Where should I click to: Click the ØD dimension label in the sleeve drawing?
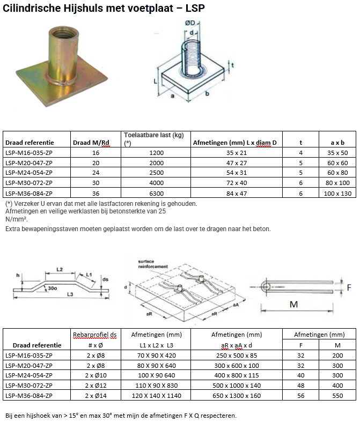(190, 23)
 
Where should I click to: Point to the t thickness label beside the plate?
(232, 65)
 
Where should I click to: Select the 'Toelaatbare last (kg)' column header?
(154, 135)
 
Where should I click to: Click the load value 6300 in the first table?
(157, 194)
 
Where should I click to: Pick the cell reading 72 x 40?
(237, 183)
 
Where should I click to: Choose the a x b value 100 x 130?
(337, 194)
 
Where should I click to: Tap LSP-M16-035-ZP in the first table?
(29, 153)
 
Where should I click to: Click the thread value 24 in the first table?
(95, 173)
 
